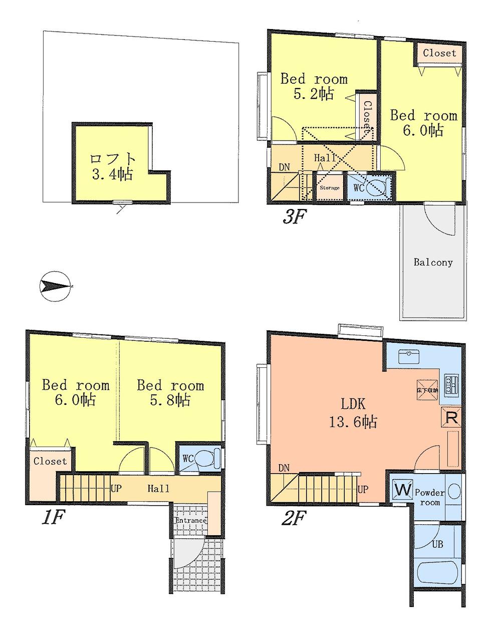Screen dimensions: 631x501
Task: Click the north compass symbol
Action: (56, 287)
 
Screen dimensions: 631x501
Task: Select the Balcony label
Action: (433, 262)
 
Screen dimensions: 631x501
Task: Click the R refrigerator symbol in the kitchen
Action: (451, 417)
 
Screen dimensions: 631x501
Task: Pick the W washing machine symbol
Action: (403, 489)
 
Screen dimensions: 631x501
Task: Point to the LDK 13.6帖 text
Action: (353, 413)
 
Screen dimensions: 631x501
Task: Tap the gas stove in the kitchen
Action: (451, 384)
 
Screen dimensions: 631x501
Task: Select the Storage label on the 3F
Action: (329, 188)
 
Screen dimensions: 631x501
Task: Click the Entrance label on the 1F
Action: (190, 520)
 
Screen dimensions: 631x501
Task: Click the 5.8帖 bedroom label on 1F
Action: (170, 392)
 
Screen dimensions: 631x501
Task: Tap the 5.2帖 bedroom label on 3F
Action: (314, 86)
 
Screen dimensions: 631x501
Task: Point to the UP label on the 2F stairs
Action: (363, 488)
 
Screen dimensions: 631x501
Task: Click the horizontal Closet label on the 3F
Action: (439, 53)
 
